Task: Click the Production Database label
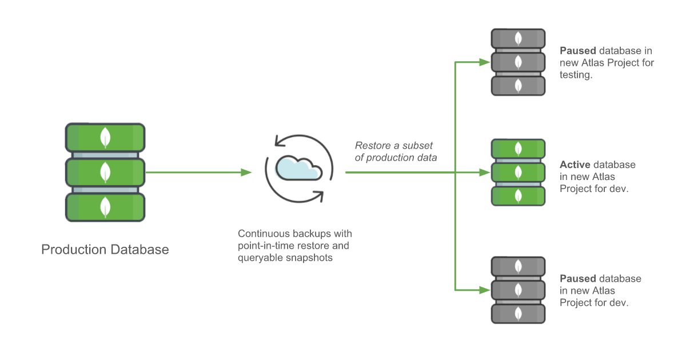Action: pyautogui.click(x=105, y=250)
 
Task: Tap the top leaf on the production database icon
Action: pyautogui.click(x=105, y=137)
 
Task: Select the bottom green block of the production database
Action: pyautogui.click(x=105, y=207)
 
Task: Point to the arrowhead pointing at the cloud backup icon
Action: pyautogui.click(x=246, y=172)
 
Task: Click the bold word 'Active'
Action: pyautogui.click(x=575, y=165)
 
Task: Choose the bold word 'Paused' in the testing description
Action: pyautogui.click(x=577, y=51)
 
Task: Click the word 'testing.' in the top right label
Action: pyautogui.click(x=576, y=75)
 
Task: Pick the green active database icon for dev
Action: pyautogui.click(x=518, y=172)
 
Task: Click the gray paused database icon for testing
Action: pyautogui.click(x=518, y=62)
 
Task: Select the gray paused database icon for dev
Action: pyautogui.click(x=518, y=290)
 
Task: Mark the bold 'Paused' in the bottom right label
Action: pyautogui.click(x=577, y=279)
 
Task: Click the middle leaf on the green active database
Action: pyautogui.click(x=518, y=172)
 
